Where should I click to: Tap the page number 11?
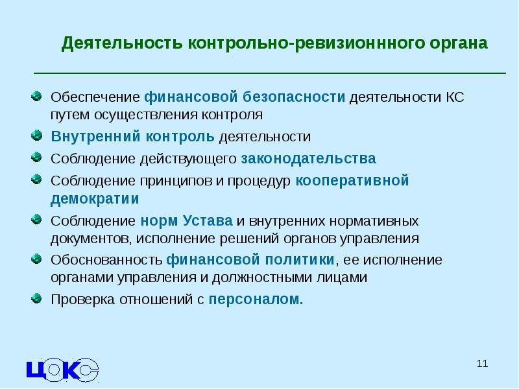pos(481,363)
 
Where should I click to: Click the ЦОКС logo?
pos(62,368)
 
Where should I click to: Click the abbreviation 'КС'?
pos(454,97)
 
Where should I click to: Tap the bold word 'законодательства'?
pos(308,158)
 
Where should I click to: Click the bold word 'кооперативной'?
pos(352,180)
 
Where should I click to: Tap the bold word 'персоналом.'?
pos(256,300)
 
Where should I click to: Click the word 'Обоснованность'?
pos(106,259)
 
